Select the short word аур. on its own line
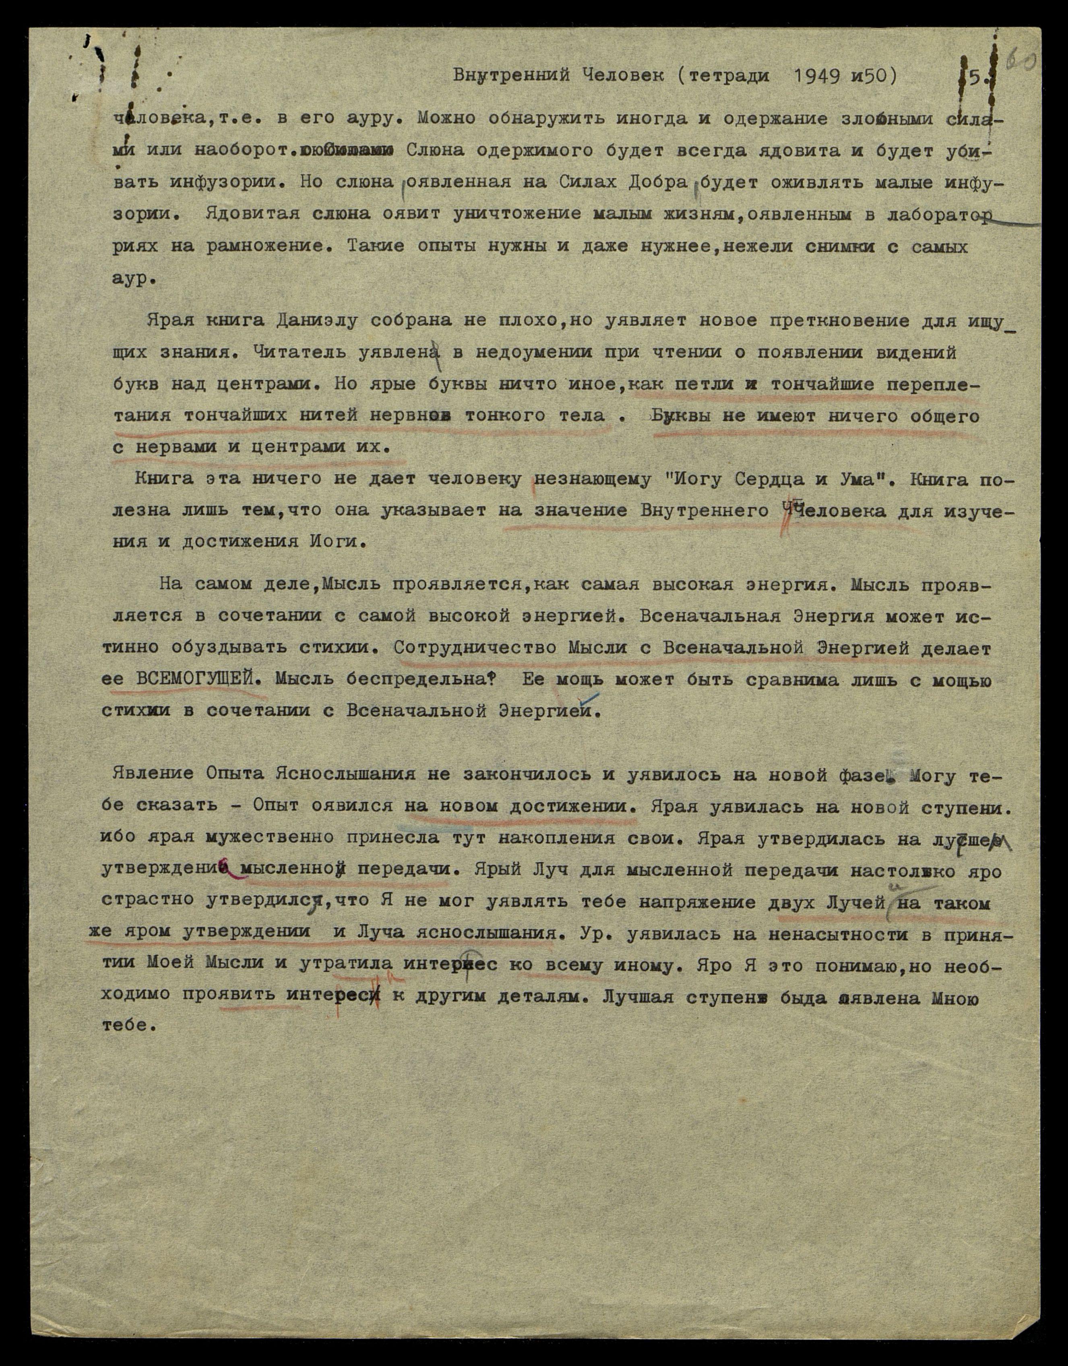coord(133,279)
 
